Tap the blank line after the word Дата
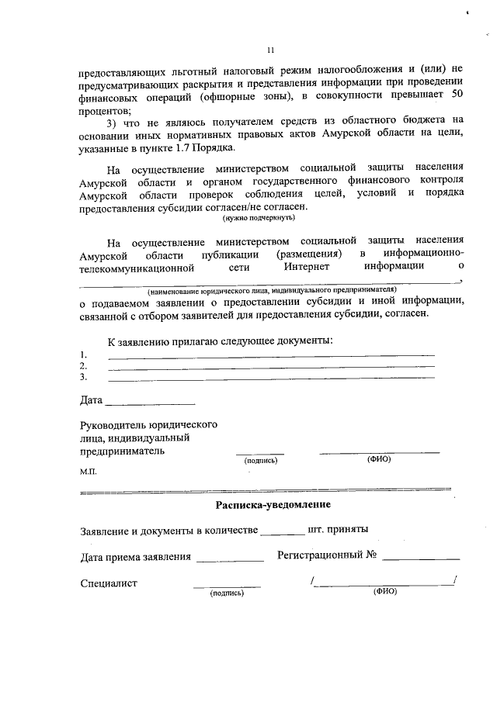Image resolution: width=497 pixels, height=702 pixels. (149, 403)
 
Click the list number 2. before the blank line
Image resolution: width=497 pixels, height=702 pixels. (83, 366)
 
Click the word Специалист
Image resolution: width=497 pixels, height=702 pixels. (109, 583)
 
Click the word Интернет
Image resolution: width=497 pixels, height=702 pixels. (307, 266)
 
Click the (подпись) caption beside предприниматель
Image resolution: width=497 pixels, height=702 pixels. (255, 460)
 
